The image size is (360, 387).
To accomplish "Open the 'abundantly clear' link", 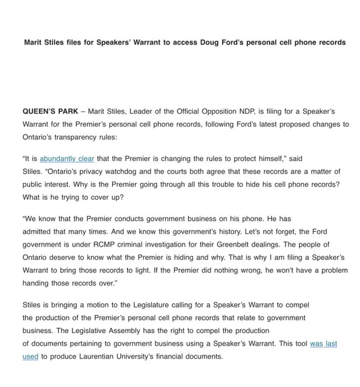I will point(67,159).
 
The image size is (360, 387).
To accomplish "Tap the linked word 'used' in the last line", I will point(30,357).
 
